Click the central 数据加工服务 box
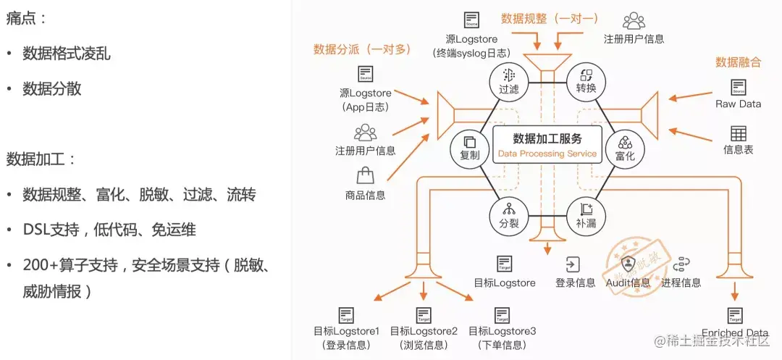pos(547,144)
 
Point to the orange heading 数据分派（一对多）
pos(362,49)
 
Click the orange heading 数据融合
pos(738,62)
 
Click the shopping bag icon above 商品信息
pos(365,175)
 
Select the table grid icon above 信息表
pos(738,133)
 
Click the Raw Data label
pos(738,104)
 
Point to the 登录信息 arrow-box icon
pos(574,264)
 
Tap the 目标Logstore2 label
pos(424,331)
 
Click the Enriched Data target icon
pos(735,316)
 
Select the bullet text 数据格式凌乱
pos(67,54)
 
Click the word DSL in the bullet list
pos(37,230)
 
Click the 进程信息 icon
pos(681,264)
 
